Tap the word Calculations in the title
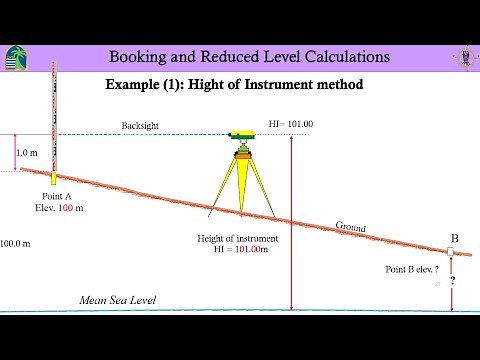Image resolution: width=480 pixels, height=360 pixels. (x=335, y=56)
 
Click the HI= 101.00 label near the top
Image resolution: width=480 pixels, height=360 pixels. (x=291, y=124)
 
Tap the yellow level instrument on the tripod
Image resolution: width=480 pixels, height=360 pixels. (x=242, y=134)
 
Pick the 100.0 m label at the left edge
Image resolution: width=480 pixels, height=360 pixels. (x=15, y=243)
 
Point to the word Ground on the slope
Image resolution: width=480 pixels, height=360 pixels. (x=351, y=227)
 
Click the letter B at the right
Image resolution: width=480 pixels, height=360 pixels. (x=454, y=238)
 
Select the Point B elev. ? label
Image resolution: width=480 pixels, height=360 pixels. (x=412, y=270)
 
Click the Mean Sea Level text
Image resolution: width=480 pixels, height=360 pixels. (x=118, y=300)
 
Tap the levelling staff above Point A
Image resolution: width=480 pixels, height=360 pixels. (x=53, y=110)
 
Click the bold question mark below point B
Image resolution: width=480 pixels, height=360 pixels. (x=453, y=282)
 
